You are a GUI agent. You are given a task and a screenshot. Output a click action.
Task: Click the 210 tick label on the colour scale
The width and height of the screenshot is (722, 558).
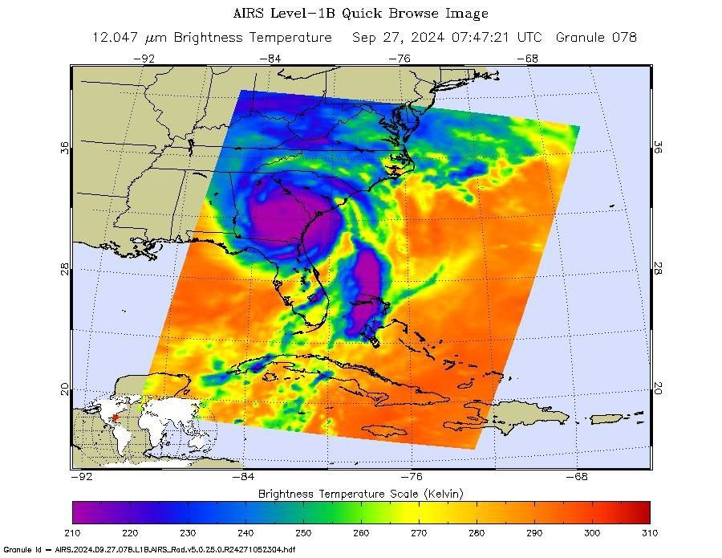tap(72, 532)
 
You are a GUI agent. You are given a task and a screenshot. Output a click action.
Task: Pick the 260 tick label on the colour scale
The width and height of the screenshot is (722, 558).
tap(361, 532)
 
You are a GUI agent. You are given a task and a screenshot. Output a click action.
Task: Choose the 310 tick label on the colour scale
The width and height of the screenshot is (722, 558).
tap(649, 532)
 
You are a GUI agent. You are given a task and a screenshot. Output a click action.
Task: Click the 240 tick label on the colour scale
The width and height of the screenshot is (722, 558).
tap(245, 532)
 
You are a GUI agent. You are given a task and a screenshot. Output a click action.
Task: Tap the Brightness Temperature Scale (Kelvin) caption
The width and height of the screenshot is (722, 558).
tap(361, 493)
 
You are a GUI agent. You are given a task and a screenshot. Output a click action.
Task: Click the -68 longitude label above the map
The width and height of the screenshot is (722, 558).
tap(527, 58)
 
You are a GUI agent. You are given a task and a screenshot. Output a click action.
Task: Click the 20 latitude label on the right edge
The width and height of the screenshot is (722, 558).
tap(658, 388)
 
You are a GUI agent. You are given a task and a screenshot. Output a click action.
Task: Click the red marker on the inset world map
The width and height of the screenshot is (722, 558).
tap(115, 417)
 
